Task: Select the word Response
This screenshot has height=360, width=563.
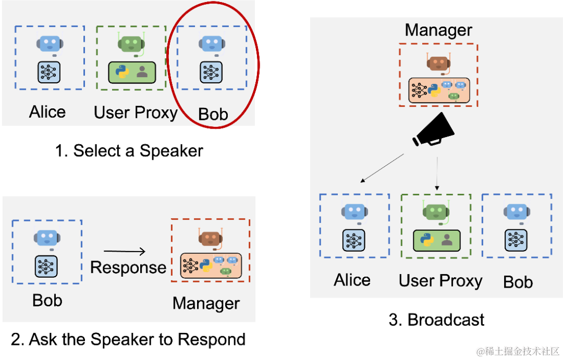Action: (128, 267)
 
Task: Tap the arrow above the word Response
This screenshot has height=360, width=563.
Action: (125, 252)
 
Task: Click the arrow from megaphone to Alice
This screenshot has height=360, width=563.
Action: (382, 168)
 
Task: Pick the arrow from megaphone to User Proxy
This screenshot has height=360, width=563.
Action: (437, 173)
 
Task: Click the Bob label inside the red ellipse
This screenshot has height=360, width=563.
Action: (213, 114)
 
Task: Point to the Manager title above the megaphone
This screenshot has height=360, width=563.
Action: (438, 30)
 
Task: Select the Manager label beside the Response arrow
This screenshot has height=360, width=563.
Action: (206, 303)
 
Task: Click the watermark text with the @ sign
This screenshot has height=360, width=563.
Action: (517, 350)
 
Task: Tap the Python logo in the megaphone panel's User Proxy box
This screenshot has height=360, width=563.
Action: (427, 240)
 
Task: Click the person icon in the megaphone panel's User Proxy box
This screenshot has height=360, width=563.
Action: (447, 240)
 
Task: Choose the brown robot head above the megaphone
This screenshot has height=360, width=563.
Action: (438, 64)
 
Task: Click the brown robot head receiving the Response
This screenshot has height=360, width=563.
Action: (211, 238)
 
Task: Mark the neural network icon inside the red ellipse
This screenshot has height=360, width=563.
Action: (211, 72)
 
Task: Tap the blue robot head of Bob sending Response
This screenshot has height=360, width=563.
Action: (47, 238)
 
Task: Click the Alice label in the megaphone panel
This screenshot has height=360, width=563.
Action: (352, 280)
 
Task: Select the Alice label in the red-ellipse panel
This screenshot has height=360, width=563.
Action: (47, 112)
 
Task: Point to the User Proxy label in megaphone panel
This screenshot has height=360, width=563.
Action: (440, 281)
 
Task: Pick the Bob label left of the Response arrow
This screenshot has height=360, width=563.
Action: (47, 301)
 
